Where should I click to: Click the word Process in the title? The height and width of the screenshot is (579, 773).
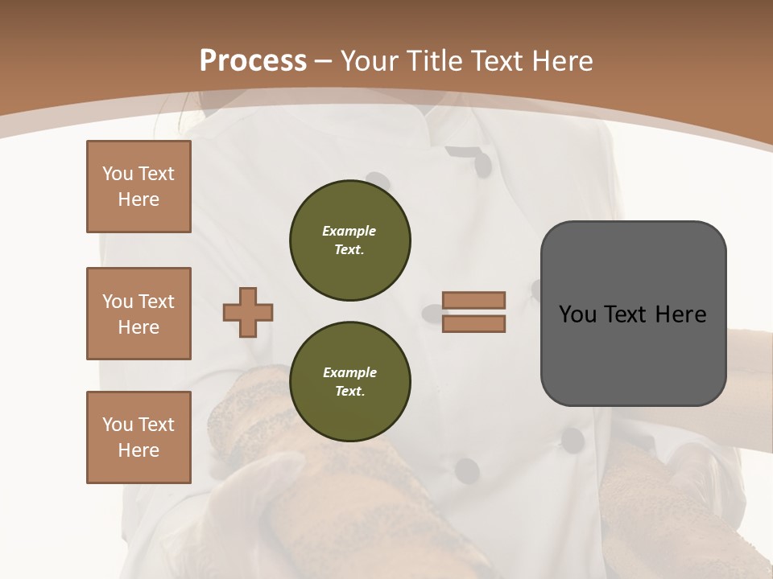[253, 60]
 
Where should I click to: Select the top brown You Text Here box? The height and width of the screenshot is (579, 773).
[138, 187]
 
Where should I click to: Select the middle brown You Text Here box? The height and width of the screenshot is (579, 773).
[138, 314]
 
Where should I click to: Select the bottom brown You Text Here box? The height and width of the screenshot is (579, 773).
[138, 437]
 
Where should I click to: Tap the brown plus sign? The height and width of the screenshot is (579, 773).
[248, 312]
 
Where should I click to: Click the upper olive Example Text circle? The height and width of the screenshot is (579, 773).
[350, 240]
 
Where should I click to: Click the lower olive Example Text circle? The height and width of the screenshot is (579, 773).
[350, 382]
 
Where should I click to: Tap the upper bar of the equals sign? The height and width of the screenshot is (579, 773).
[474, 300]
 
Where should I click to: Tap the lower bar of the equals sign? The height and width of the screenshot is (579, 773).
[474, 323]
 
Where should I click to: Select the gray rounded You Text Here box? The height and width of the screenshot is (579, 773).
[633, 313]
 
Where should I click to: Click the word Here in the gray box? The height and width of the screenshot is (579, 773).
[680, 314]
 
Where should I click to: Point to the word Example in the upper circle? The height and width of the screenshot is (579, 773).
[349, 231]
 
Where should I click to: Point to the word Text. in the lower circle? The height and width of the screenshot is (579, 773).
[349, 392]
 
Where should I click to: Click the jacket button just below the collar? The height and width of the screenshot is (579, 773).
[482, 164]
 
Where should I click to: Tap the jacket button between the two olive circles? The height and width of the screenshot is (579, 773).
[430, 310]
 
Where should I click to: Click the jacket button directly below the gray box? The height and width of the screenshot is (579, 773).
[573, 439]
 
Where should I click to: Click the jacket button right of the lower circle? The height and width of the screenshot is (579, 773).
[467, 470]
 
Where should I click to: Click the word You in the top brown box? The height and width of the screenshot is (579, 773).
[118, 174]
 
